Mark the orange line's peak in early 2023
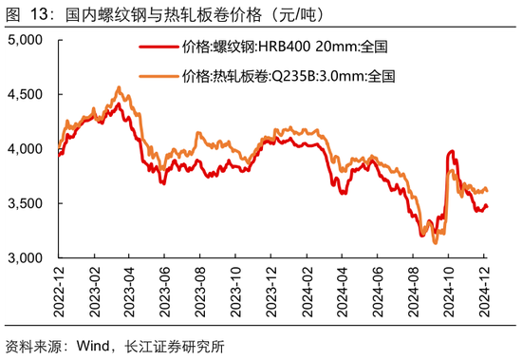[x=118, y=87]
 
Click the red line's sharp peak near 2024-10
[x=450, y=151]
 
